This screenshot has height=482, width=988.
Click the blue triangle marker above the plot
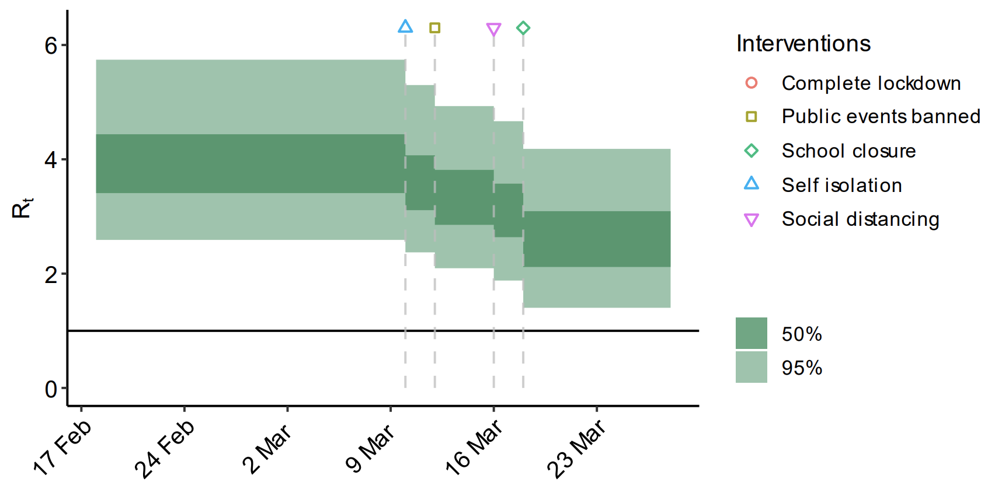coord(405,27)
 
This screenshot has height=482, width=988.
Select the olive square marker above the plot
coord(434,28)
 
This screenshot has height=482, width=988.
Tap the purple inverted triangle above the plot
coord(493,29)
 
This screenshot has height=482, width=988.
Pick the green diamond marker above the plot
coord(523,28)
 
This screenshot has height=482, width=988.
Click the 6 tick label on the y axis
coord(51,46)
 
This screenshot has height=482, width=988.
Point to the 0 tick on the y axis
coord(51,389)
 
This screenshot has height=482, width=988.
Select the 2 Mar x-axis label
coord(266,448)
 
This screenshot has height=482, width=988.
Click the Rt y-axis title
coord(22,208)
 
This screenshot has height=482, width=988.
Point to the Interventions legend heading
coord(803,44)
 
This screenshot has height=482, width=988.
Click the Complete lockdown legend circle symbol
coord(752,83)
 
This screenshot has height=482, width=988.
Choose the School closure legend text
coord(848,151)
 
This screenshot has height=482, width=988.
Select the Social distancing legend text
coord(860,219)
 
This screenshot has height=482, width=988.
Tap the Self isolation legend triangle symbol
coord(752,184)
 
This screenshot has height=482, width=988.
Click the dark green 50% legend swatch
coord(751,333)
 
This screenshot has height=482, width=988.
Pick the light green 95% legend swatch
coord(751,367)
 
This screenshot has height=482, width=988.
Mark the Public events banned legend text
coord(881,117)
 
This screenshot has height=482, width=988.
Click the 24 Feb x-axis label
coord(165,448)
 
